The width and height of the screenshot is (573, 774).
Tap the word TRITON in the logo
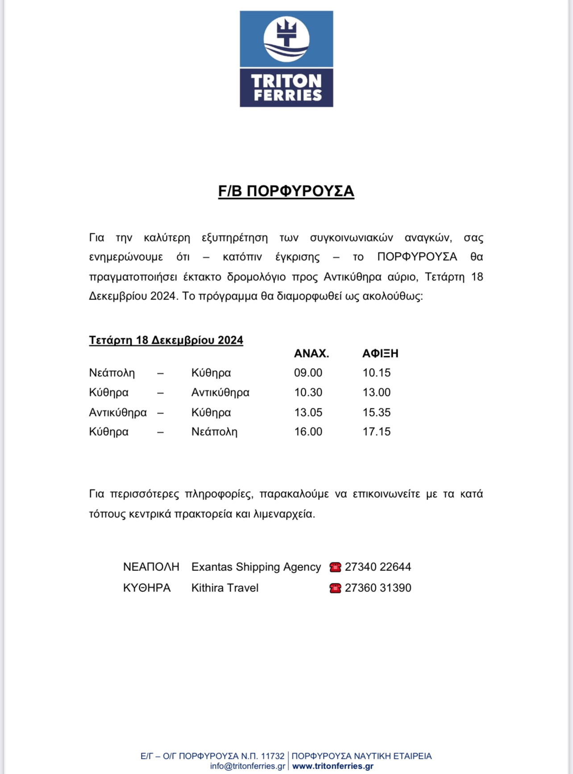[286, 81]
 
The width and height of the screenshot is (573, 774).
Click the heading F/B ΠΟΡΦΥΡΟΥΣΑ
[286, 191]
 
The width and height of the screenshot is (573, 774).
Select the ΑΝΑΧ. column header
[311, 354]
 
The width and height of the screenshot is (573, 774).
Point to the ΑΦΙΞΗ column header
[380, 354]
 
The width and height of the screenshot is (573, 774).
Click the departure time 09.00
[308, 373]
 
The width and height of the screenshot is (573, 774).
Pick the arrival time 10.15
[376, 373]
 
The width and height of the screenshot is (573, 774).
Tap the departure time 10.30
[308, 392]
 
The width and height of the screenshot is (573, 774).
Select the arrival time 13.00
[376, 392]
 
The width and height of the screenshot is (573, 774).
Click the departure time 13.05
[308, 412]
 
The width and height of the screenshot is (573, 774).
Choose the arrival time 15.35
[376, 412]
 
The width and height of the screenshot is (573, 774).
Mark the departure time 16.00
[308, 432]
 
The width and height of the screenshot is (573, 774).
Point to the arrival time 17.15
[376, 432]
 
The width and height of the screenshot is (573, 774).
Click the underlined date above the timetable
[166, 340]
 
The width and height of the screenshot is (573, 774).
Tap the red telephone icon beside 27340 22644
[335, 567]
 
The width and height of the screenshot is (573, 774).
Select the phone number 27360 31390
[378, 588]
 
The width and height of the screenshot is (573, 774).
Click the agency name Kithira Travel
[225, 588]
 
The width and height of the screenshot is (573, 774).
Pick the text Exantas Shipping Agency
[256, 567]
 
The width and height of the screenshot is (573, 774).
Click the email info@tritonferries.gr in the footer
[248, 766]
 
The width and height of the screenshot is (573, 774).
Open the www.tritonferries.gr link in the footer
[333, 766]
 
